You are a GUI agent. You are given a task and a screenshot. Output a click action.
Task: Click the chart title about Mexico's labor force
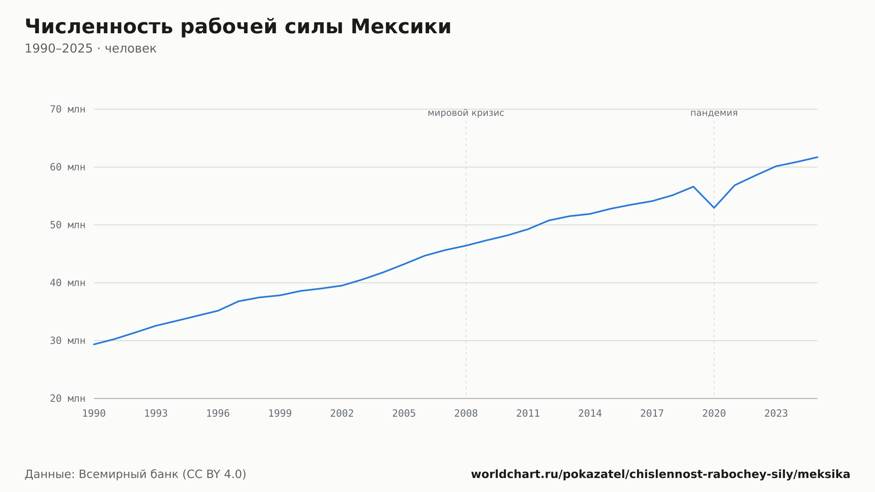[x=238, y=27]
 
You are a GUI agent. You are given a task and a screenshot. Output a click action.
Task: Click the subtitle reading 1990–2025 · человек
[x=91, y=49]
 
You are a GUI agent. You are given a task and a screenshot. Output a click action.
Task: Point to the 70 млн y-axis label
[x=67, y=109]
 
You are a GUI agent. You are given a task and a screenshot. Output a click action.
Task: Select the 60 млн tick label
[x=67, y=167]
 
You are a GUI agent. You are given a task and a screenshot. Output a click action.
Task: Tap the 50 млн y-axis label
[x=67, y=225]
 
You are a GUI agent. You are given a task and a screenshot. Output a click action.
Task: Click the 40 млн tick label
[x=67, y=283]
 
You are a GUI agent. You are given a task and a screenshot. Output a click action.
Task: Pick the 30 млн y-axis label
[x=67, y=341]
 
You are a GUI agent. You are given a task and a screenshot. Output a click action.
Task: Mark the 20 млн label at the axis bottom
[x=67, y=398]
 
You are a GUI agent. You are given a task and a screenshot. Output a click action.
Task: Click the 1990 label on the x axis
[x=94, y=414]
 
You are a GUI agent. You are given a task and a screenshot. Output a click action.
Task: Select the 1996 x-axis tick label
[x=218, y=414]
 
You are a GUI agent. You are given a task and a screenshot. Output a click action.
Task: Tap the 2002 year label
[x=342, y=414]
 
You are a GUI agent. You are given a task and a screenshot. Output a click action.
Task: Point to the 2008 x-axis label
[x=466, y=414]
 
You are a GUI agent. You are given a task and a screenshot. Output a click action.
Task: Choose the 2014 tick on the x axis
[x=590, y=414]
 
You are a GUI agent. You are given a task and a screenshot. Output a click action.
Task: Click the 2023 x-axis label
[x=776, y=414]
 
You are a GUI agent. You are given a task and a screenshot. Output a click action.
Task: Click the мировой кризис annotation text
[x=466, y=113]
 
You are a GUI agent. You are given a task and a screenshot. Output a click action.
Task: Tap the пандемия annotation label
[x=714, y=113]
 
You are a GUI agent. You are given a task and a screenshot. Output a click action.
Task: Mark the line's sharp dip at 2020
[x=714, y=207]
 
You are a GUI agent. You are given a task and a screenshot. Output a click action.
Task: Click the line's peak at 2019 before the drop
[x=693, y=186]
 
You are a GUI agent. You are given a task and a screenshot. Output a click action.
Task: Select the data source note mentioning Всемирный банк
[x=136, y=474]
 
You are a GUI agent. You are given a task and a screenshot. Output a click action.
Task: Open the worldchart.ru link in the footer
[x=661, y=474]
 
